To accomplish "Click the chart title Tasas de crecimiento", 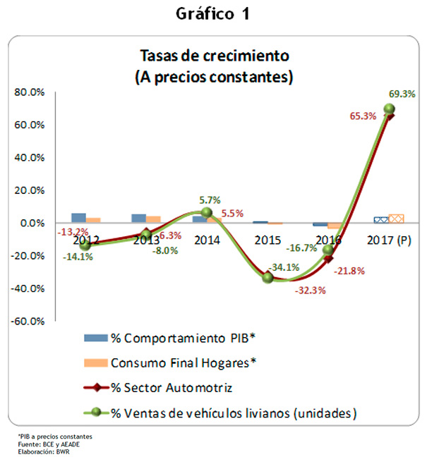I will (215, 56).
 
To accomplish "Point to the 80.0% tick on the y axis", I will (30, 92).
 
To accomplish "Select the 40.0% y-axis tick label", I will (30, 158).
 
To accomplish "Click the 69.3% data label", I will (401, 93).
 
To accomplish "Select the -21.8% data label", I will (349, 271).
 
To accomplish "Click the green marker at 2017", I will (389, 109).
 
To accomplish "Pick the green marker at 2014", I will (206, 212).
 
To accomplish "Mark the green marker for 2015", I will (268, 278).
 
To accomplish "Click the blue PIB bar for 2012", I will (79, 218).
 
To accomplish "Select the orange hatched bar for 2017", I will (396, 219).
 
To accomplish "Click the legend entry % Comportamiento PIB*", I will (182, 338).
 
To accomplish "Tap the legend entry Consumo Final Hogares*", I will (183, 363).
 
